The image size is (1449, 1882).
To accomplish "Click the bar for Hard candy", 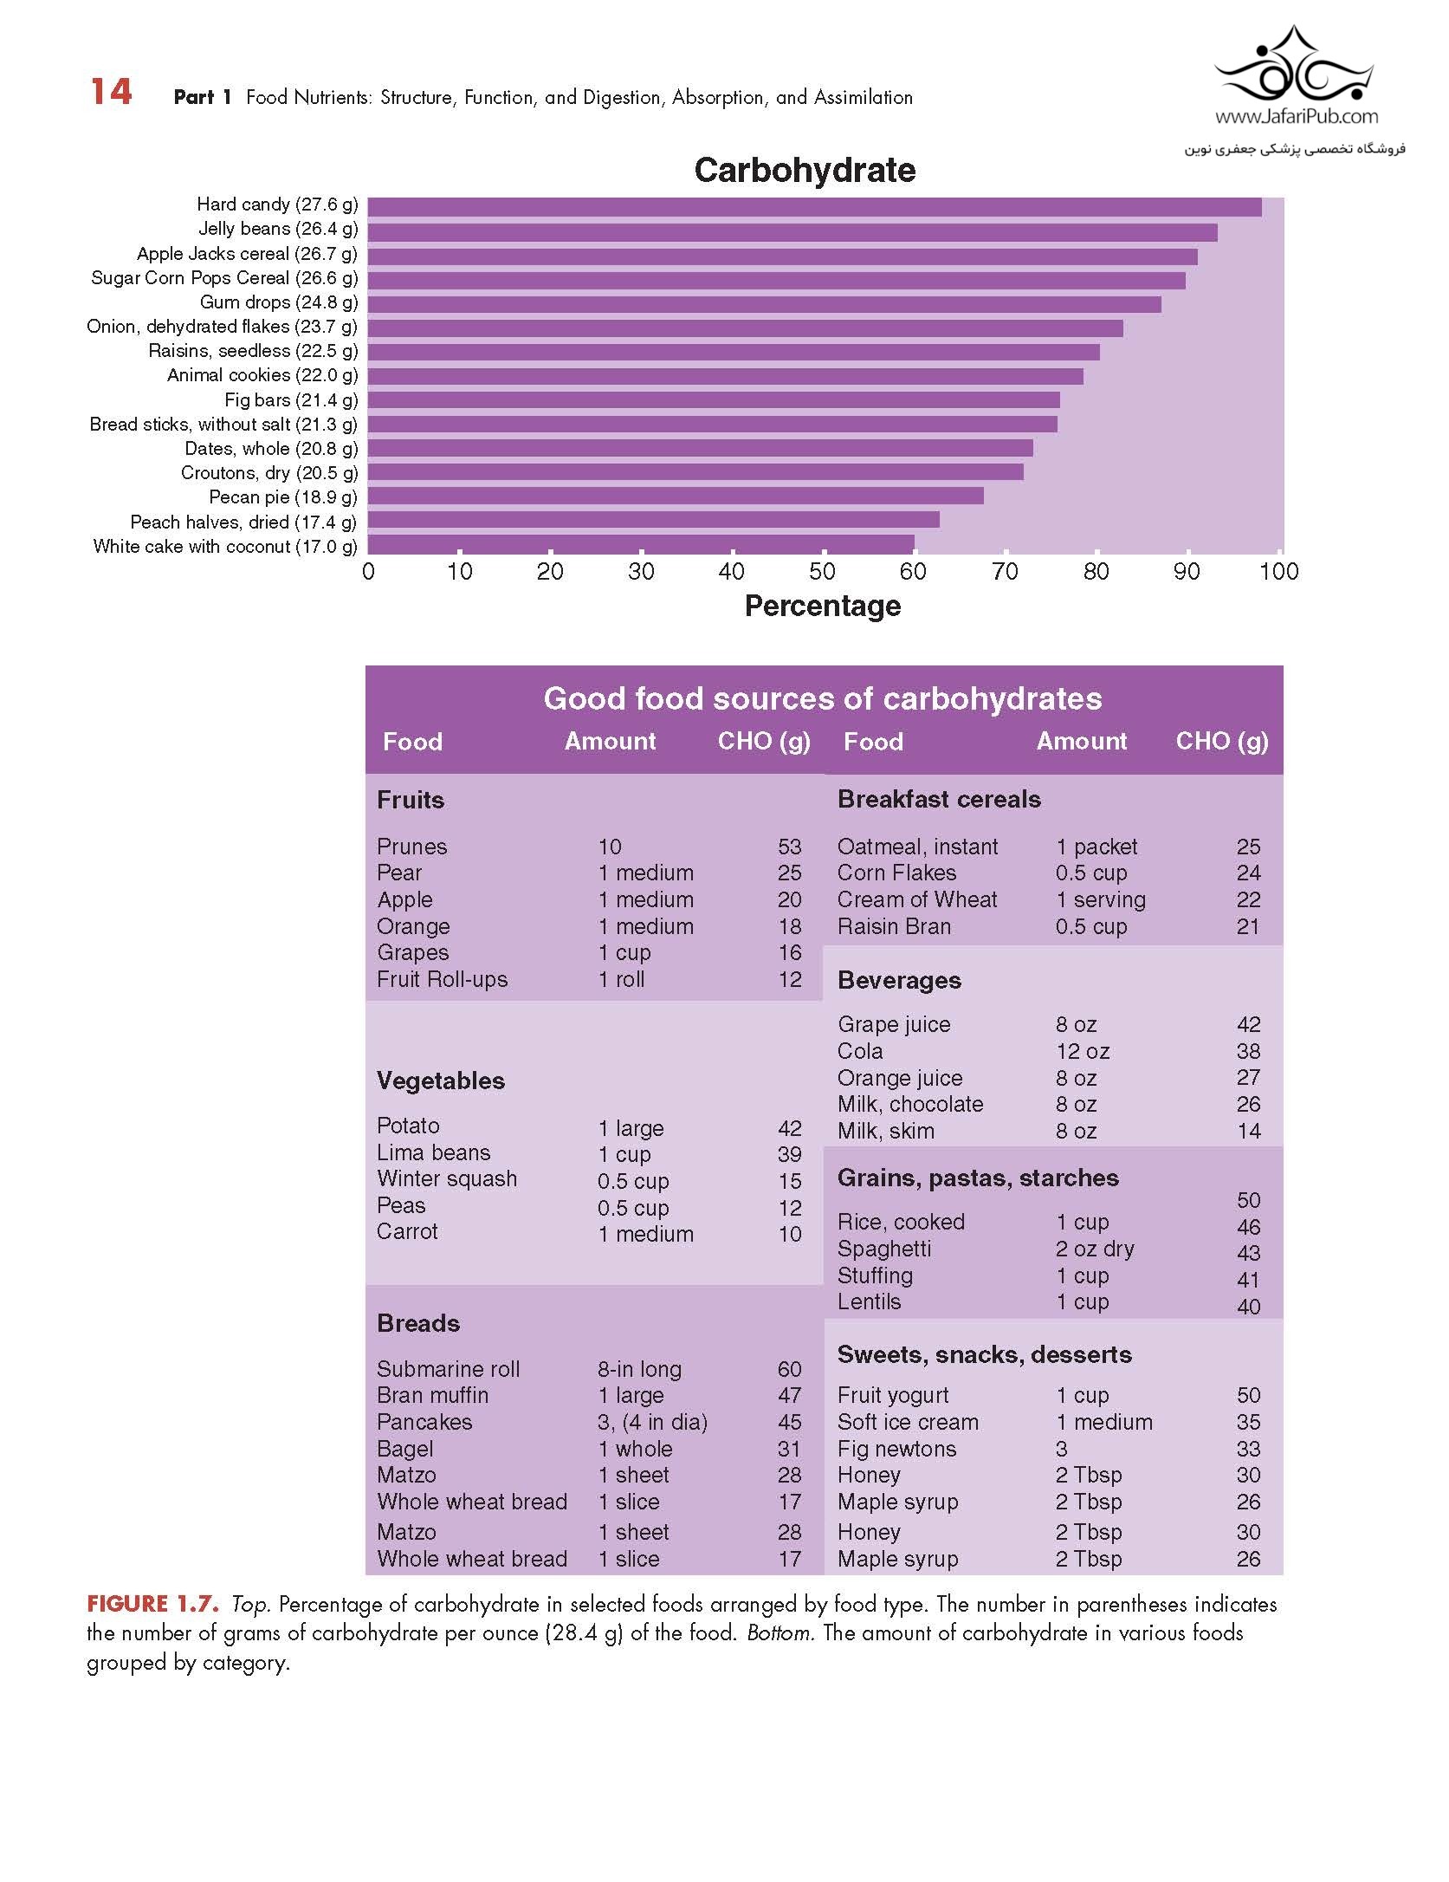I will click(x=814, y=207).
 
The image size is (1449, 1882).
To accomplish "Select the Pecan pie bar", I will click(x=676, y=496).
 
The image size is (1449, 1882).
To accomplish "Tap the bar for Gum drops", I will click(x=764, y=304).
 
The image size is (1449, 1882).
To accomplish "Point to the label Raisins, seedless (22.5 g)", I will click(x=252, y=351).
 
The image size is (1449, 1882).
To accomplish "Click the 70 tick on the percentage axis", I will click(x=1005, y=572).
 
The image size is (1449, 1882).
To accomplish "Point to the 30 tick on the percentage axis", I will click(x=641, y=572).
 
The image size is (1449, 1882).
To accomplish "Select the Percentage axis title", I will click(x=822, y=606).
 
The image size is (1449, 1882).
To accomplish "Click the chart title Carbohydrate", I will click(x=805, y=170).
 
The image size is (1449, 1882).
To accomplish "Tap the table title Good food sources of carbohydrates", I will click(x=822, y=698).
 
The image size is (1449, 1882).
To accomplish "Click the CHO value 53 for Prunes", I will click(x=789, y=847).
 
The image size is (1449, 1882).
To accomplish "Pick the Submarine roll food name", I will click(x=448, y=1369).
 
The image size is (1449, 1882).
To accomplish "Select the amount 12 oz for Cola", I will click(x=1082, y=1051).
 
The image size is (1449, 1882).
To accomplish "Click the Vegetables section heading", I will click(x=440, y=1081).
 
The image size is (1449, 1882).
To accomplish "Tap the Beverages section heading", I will click(x=899, y=980).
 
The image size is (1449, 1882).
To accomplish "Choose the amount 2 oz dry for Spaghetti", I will click(x=1094, y=1249).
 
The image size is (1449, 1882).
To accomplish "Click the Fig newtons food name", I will click(x=896, y=1449).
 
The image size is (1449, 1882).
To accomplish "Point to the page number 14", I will click(x=111, y=92).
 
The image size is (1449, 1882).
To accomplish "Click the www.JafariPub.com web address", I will click(x=1296, y=116).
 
